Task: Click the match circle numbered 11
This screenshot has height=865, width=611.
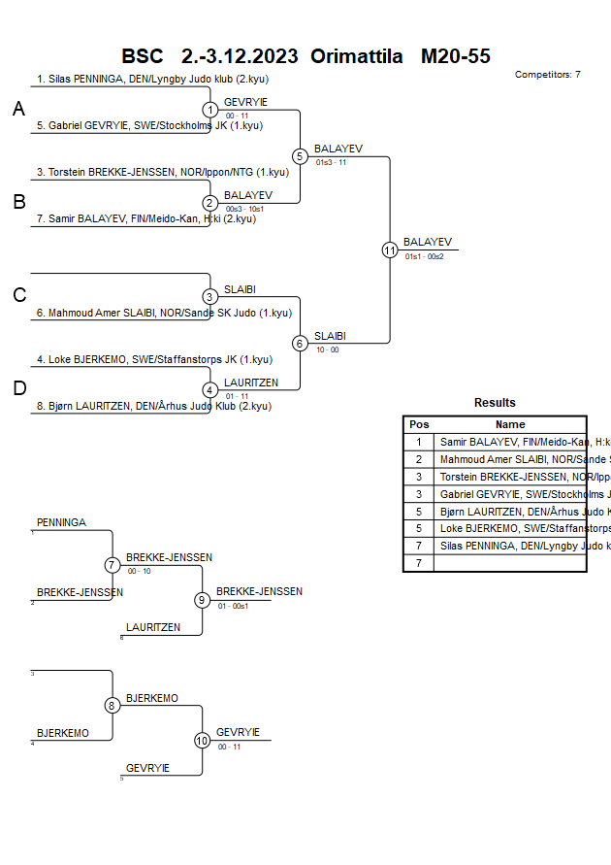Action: (390, 250)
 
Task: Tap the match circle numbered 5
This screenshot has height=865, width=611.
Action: (300, 156)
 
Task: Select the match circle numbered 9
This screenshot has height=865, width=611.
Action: (202, 600)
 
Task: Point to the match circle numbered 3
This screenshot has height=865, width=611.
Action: (209, 296)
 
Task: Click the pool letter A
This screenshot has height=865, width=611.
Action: (18, 110)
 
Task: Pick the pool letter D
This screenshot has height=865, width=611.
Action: (18, 389)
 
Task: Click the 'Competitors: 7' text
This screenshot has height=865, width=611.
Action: (548, 74)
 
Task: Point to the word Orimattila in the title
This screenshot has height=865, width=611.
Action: (356, 55)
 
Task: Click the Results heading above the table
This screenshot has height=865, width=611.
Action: (495, 403)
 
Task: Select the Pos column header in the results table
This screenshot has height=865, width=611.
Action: (419, 424)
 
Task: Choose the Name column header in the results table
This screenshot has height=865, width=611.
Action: (510, 424)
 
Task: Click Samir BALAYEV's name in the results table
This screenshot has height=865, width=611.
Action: (512, 442)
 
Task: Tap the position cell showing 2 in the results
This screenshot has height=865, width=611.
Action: (419, 459)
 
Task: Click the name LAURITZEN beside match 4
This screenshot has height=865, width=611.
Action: (251, 383)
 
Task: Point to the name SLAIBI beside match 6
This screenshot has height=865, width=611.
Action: (330, 336)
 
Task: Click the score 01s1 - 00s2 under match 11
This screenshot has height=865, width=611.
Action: (424, 256)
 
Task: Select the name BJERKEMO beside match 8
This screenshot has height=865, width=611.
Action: (152, 698)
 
